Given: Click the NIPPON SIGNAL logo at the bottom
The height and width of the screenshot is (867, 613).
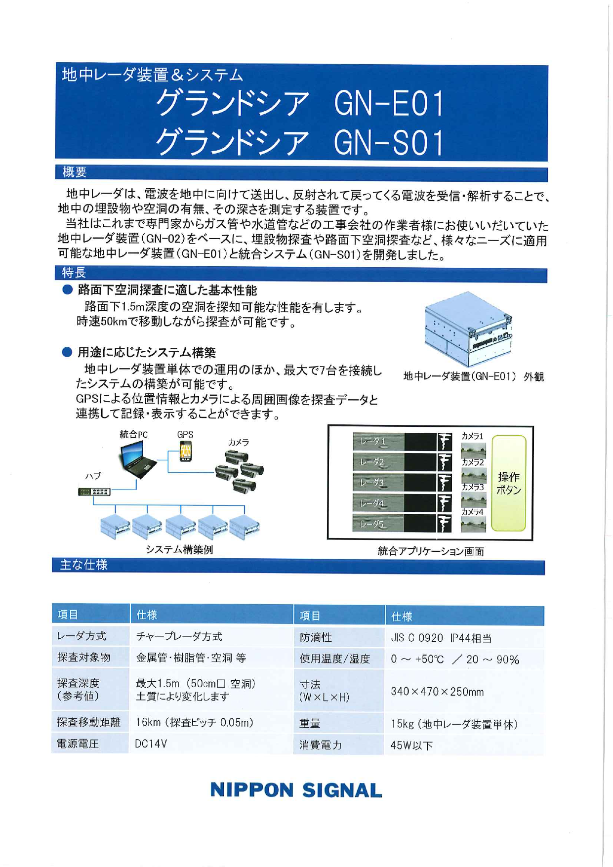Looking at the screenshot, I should click(296, 790).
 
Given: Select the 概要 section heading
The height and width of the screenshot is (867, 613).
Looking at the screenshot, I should click(75, 172).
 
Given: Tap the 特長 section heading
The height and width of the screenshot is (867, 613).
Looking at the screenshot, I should click(74, 273).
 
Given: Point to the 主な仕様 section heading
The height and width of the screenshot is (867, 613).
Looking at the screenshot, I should click(83, 565).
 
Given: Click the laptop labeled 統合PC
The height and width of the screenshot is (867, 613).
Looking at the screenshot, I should click(136, 459).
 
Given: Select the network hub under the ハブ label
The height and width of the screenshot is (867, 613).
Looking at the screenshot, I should click(94, 492).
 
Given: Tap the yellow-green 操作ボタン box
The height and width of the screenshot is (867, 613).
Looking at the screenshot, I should click(509, 483).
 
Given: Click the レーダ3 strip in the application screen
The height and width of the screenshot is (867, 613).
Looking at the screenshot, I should click(379, 483).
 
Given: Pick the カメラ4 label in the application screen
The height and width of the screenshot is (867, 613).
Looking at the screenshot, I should click(472, 512).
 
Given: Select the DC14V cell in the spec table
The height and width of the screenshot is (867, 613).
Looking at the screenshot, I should click(151, 743).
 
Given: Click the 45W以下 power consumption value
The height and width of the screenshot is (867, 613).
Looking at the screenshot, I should click(412, 745).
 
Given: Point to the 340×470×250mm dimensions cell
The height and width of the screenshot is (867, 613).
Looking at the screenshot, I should click(437, 691).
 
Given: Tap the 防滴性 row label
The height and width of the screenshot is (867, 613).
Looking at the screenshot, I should click(316, 637).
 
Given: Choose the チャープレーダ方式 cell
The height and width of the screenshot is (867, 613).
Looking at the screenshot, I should click(179, 636).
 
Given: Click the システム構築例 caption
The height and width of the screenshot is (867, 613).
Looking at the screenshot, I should click(179, 549).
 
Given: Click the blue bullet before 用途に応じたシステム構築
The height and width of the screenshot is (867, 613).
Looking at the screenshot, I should click(67, 352).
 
